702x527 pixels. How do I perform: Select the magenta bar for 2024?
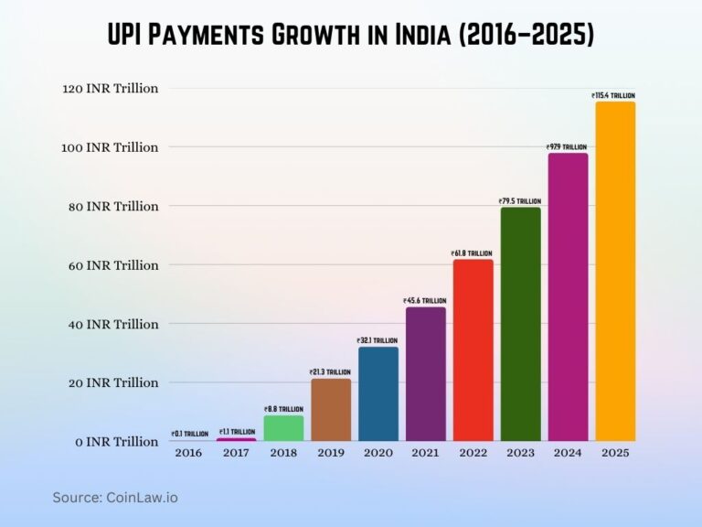click(x=567, y=297)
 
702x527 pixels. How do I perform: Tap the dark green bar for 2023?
click(x=519, y=324)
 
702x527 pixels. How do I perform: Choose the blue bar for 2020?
click(x=378, y=393)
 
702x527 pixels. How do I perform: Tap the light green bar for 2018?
click(x=283, y=428)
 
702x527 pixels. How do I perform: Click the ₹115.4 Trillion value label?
click(x=613, y=95)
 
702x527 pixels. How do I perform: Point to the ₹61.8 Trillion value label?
click(x=472, y=253)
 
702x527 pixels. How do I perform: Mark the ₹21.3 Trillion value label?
click(x=331, y=371)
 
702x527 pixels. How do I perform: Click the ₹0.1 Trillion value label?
click(x=189, y=434)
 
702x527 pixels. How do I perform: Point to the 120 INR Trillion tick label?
click(x=111, y=89)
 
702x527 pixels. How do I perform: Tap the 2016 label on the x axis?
click(x=189, y=453)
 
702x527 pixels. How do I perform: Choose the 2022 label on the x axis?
click(x=472, y=453)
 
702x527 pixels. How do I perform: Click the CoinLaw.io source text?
click(x=142, y=497)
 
